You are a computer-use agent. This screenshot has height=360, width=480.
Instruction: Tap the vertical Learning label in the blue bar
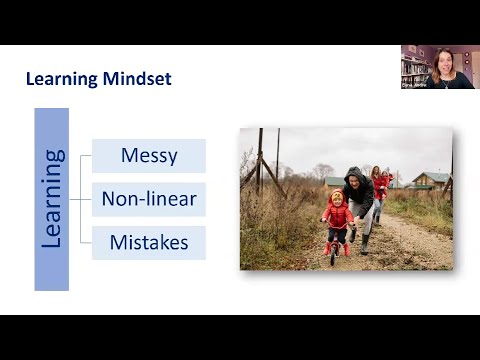point(52,199)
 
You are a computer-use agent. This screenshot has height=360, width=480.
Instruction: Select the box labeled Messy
point(149,156)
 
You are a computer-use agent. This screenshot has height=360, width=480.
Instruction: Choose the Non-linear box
point(149,199)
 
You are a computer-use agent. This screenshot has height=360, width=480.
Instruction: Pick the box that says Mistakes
point(149,242)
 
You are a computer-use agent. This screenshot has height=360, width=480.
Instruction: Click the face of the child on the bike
point(336,199)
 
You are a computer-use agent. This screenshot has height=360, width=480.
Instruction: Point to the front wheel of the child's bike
point(334,254)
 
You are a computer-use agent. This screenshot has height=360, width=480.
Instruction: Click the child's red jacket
point(337,215)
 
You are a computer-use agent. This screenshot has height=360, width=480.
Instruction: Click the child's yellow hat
point(336,193)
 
